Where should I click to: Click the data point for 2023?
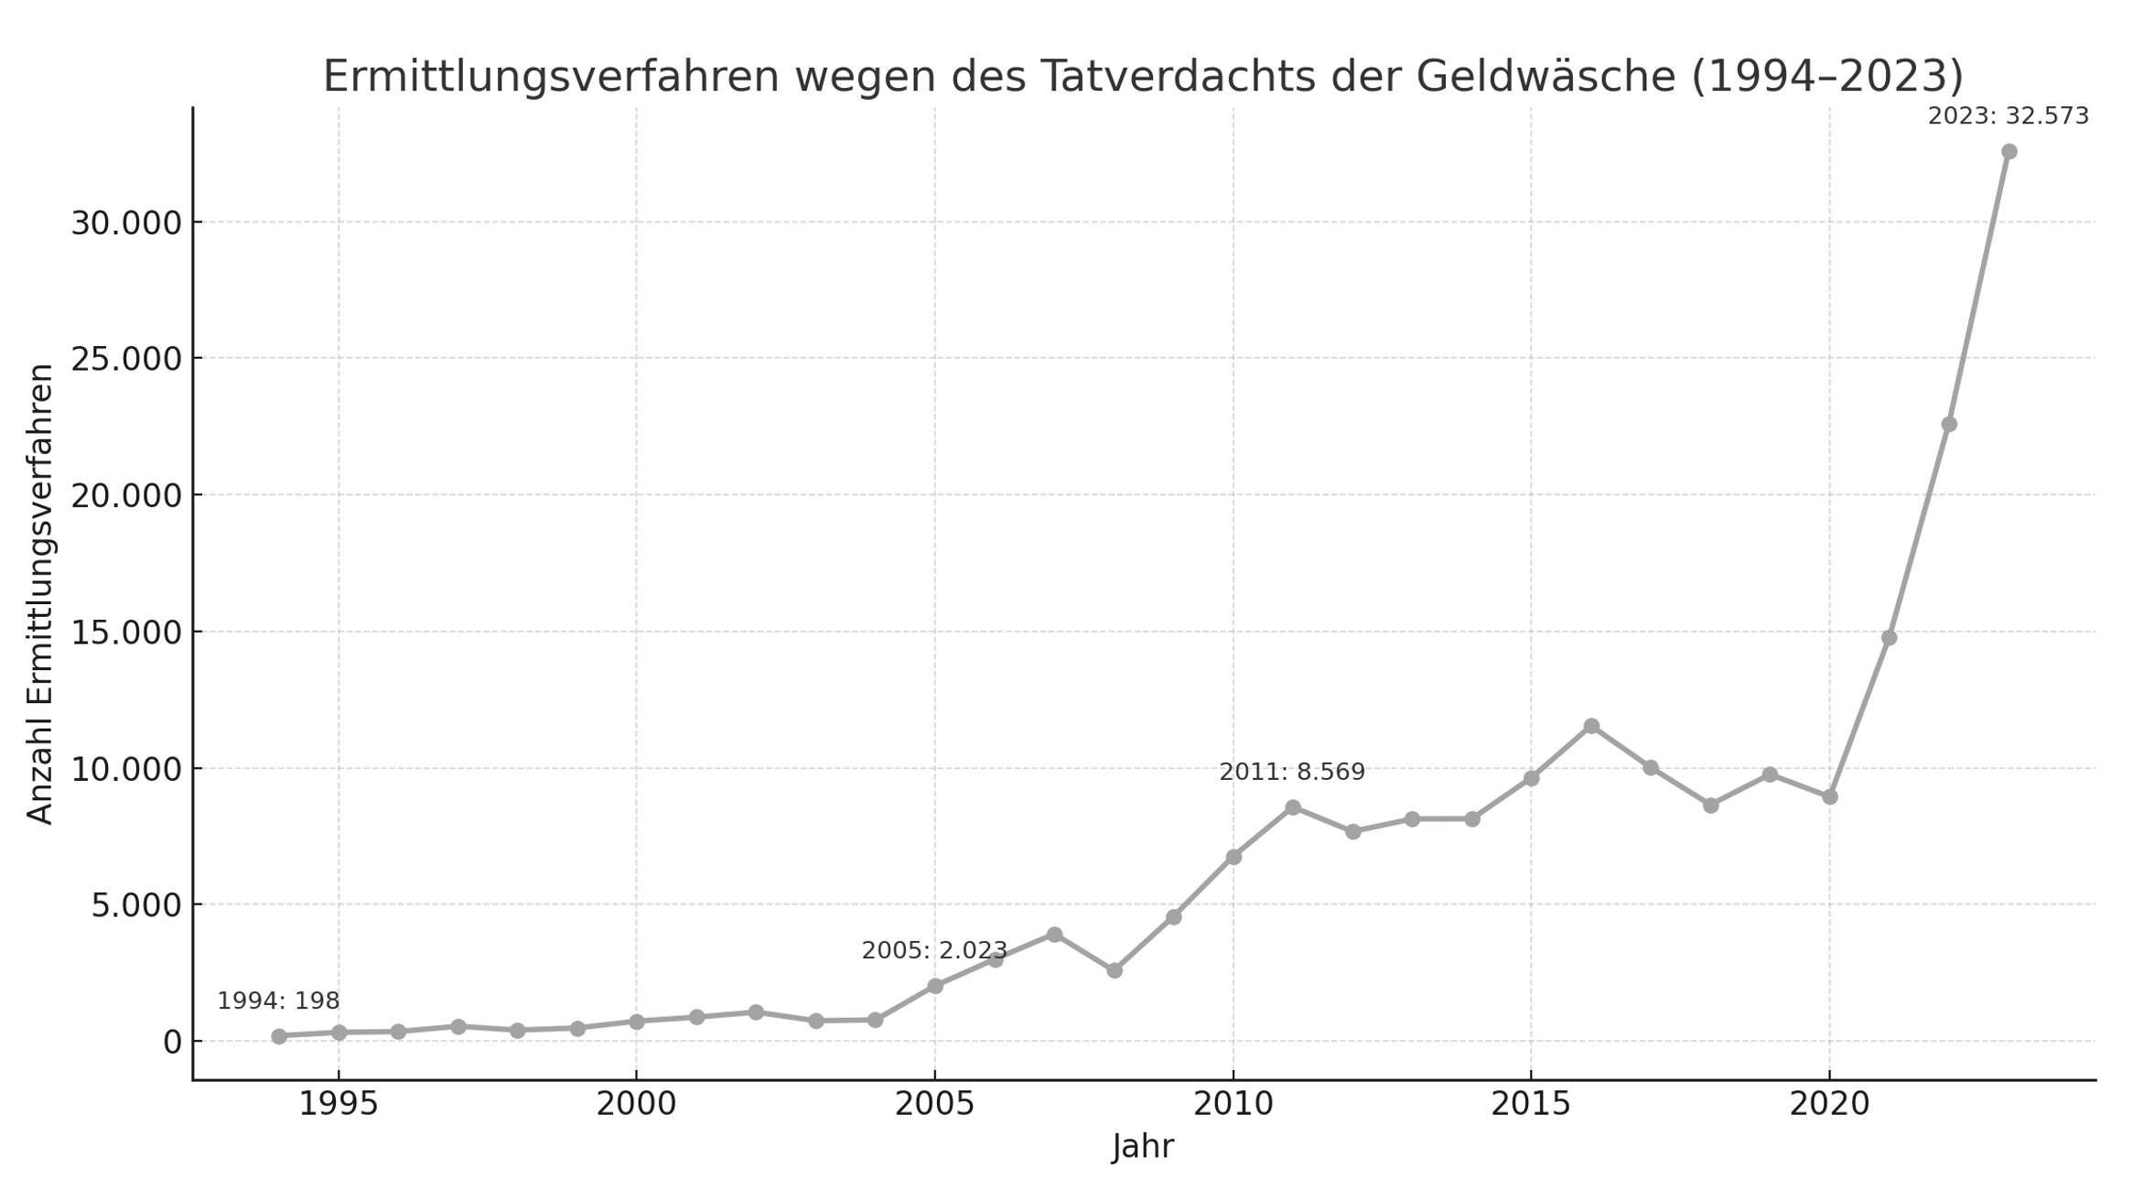click(2009, 151)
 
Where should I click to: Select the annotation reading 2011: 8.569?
click(1291, 772)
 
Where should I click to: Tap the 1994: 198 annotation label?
click(278, 1001)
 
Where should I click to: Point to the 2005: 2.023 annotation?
click(933, 950)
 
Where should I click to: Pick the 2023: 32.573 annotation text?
click(2008, 116)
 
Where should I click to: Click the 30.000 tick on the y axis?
click(126, 222)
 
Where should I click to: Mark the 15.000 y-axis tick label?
click(126, 632)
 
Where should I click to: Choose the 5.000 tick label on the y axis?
click(136, 904)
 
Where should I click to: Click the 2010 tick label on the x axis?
click(1233, 1104)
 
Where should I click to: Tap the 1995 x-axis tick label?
click(338, 1104)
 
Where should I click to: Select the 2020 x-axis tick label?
click(1829, 1104)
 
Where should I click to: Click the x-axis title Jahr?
click(1142, 1146)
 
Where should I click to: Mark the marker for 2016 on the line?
click(1591, 726)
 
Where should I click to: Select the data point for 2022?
click(1949, 424)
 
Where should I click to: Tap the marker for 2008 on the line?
click(1114, 970)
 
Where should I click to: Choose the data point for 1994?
click(279, 1036)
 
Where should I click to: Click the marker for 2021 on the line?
click(1889, 637)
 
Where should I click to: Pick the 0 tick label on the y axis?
click(172, 1042)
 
